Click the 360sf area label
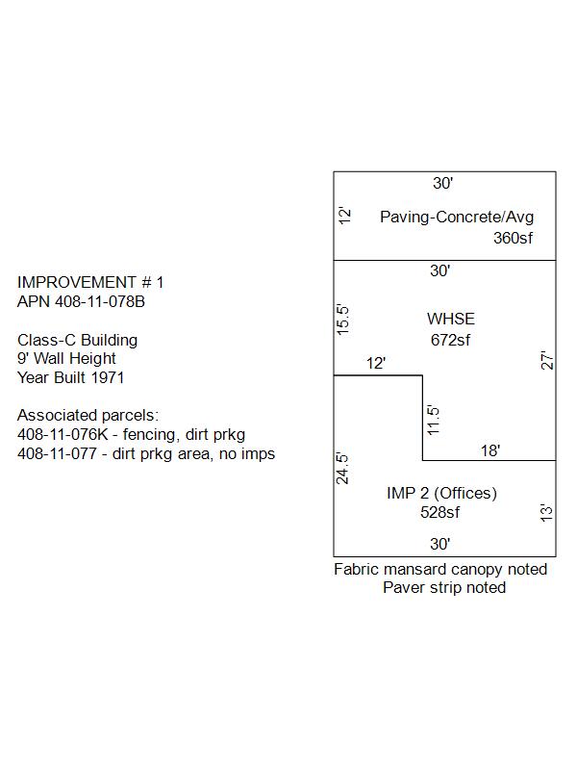click(513, 238)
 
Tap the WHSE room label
click(451, 320)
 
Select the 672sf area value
click(450, 340)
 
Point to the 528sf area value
click(439, 513)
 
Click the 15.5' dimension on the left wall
click(343, 320)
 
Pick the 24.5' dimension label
click(342, 469)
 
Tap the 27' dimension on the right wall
click(547, 360)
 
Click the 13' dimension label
click(546, 513)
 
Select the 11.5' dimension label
click(434, 420)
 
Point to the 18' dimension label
click(490, 450)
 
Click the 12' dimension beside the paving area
click(345, 216)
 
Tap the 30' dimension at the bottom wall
click(440, 544)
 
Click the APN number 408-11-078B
click(100, 301)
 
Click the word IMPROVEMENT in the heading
click(77, 282)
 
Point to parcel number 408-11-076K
click(63, 435)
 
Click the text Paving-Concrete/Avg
click(457, 218)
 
